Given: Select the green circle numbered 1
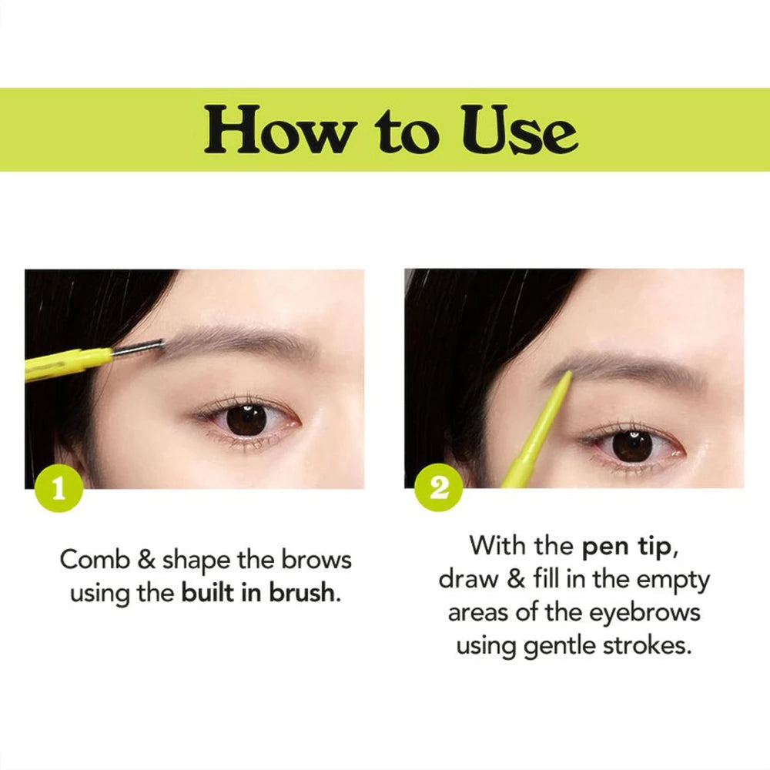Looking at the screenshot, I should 58,489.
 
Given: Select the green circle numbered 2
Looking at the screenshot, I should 438,489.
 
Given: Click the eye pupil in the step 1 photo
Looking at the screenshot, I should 247,419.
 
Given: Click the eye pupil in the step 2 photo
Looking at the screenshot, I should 633,445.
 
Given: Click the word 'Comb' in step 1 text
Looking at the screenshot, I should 95,560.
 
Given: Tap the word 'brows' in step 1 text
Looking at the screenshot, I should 314,560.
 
